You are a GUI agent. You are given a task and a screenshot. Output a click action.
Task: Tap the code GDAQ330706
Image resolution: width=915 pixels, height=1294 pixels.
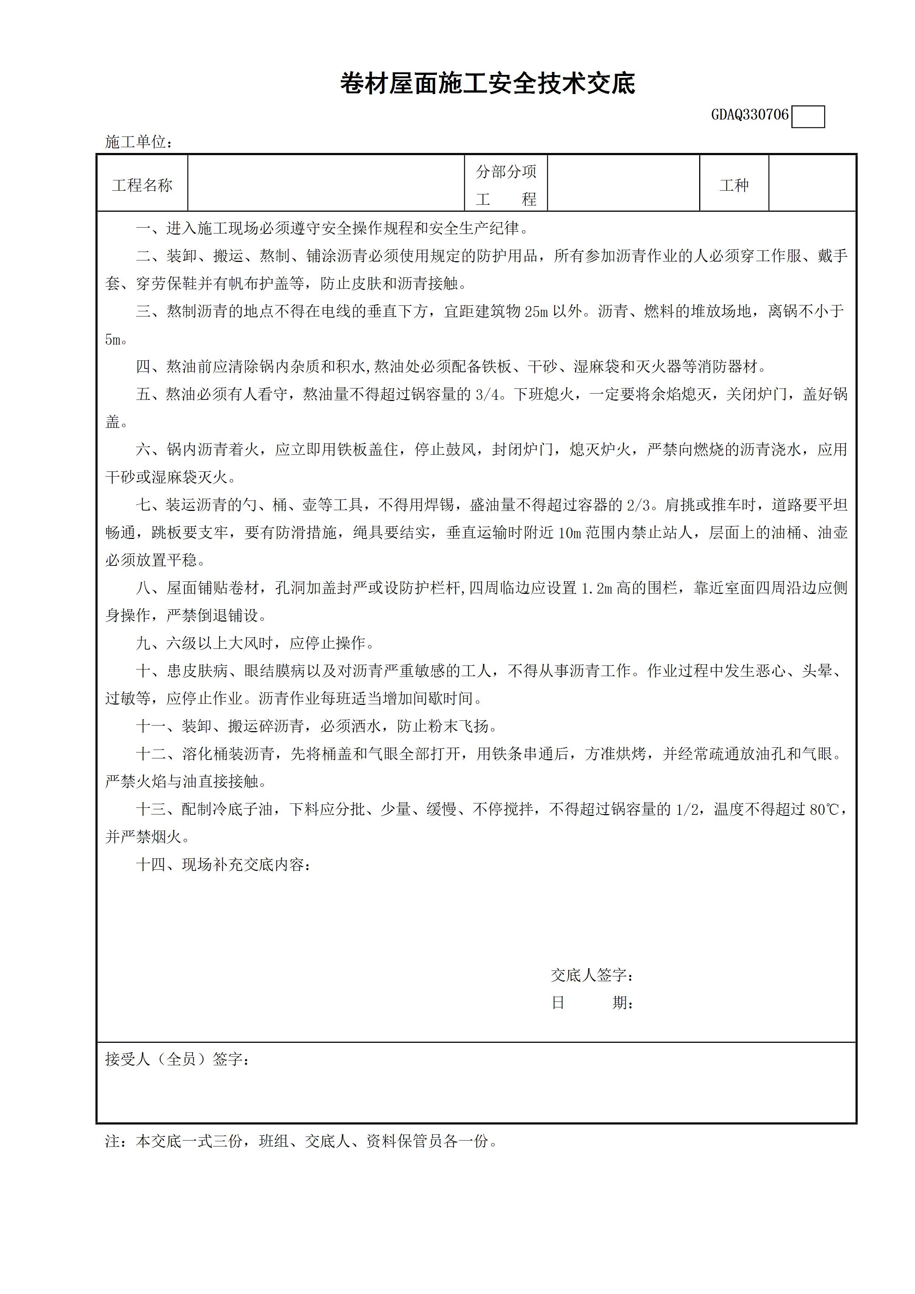pyautogui.click(x=749, y=115)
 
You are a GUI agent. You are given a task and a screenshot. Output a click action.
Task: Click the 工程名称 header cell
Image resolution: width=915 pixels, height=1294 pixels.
pyautogui.click(x=142, y=186)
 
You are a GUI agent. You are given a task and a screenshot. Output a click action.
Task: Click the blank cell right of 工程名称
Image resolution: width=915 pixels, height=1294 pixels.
pyautogui.click(x=326, y=184)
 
